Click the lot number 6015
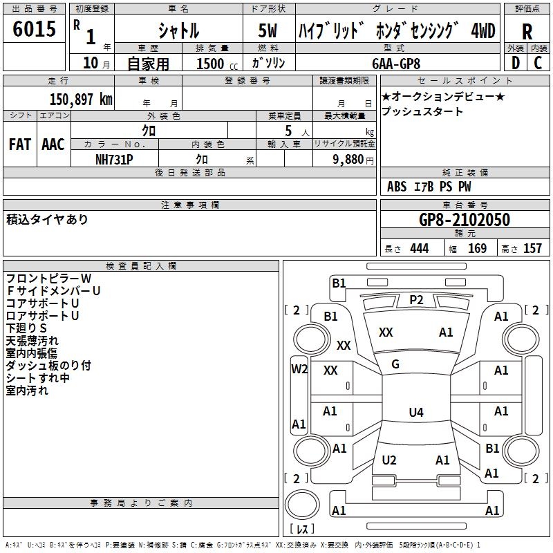click(35, 30)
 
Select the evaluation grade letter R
click(527, 31)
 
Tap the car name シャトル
click(178, 31)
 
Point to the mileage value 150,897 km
click(81, 99)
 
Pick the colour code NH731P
click(114, 158)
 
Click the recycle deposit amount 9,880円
click(350, 159)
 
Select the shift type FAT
click(19, 144)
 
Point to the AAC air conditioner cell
click(53, 144)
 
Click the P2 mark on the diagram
click(416, 299)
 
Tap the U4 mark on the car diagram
click(415, 413)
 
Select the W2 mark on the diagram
click(299, 369)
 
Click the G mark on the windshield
click(395, 364)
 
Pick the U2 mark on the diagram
click(389, 460)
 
